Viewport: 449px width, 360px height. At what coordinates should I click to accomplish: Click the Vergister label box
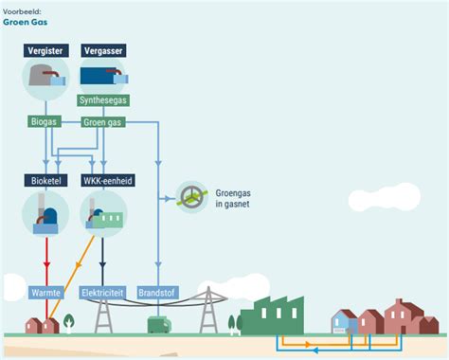[x=45, y=50]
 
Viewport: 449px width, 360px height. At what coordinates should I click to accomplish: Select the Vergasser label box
[x=102, y=50]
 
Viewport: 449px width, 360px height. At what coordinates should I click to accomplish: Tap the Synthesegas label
[x=103, y=100]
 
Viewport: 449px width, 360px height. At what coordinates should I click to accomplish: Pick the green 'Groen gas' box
[x=102, y=122]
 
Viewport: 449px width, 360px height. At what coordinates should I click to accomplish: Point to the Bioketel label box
[x=45, y=180]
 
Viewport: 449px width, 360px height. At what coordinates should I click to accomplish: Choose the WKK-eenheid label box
[x=104, y=180]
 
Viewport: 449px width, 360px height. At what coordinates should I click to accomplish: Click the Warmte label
[x=45, y=293]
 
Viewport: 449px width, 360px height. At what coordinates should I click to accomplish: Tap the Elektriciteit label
[x=104, y=293]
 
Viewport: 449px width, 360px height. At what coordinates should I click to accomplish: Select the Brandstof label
[x=157, y=293]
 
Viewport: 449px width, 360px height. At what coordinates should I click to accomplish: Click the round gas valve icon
[x=193, y=197]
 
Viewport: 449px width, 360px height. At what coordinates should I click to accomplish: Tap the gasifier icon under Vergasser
[x=102, y=76]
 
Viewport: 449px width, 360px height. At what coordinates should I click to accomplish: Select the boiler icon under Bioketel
[x=45, y=216]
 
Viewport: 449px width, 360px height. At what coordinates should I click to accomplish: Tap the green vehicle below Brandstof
[x=157, y=325]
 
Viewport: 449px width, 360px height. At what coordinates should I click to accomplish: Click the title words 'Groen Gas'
[x=24, y=20]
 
